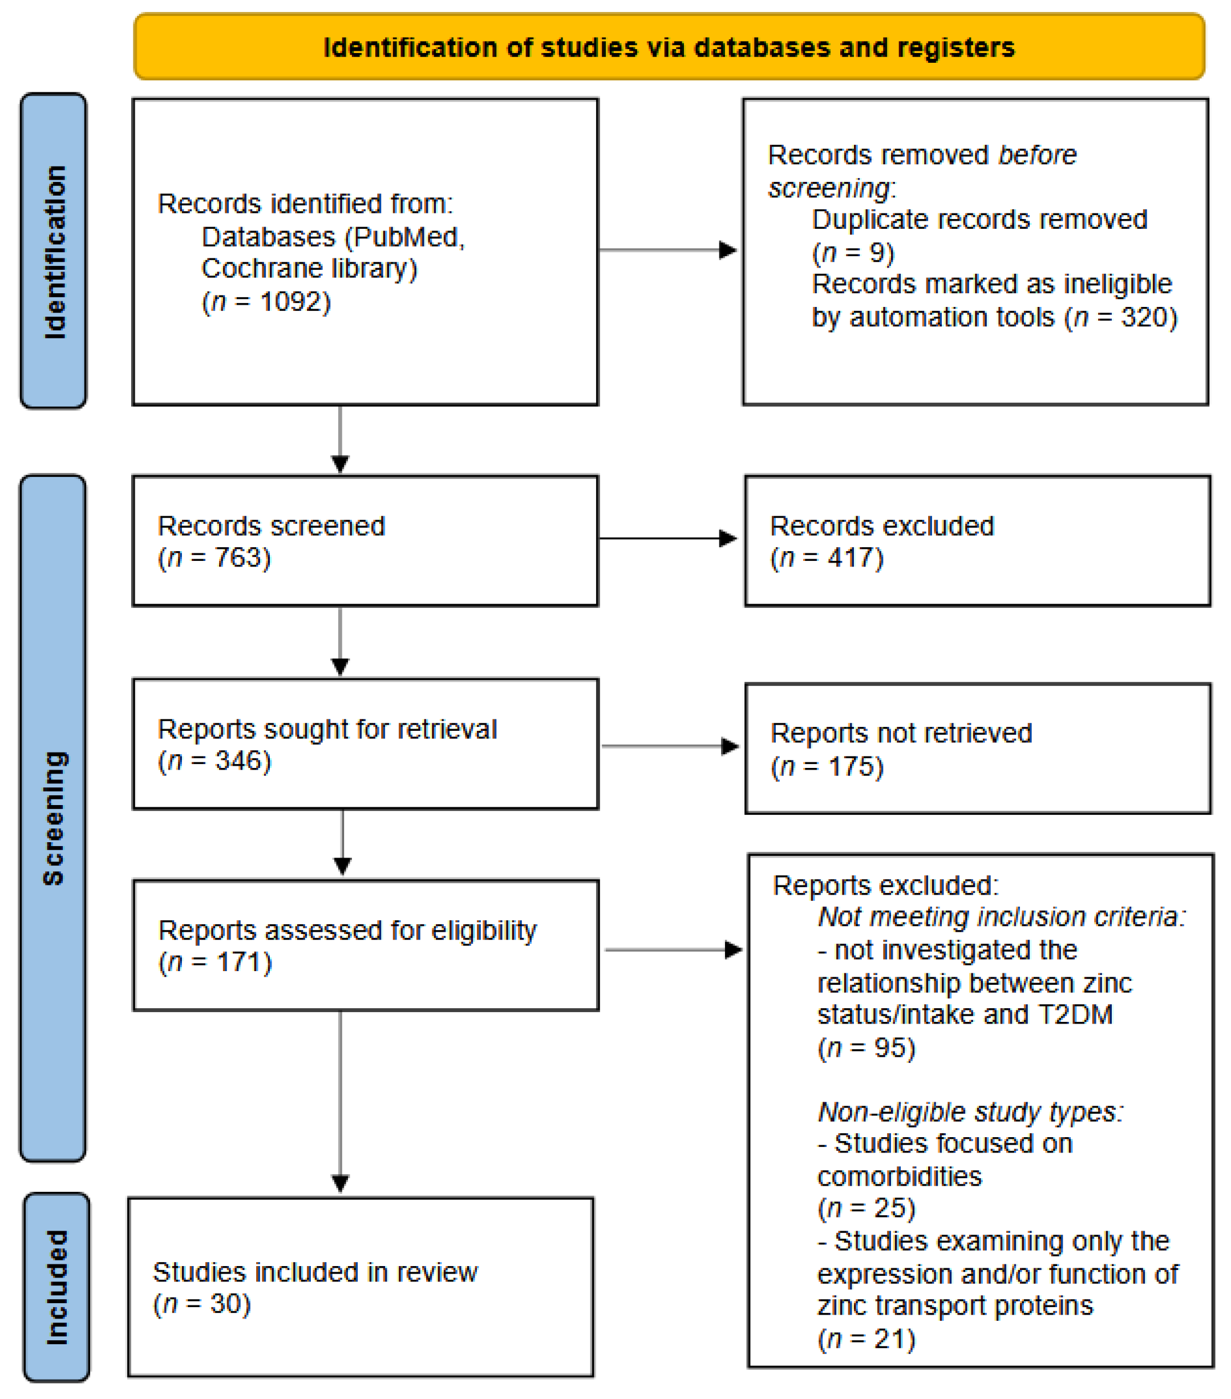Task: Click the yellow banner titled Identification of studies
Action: (x=669, y=47)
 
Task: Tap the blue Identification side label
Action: (x=54, y=251)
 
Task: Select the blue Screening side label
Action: (x=54, y=818)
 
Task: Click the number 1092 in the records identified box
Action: (x=291, y=302)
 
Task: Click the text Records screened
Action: (x=271, y=526)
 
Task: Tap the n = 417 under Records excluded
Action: (x=827, y=558)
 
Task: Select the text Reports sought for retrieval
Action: (x=327, y=729)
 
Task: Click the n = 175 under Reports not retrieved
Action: (x=827, y=767)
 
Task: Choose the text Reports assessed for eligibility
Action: (x=347, y=930)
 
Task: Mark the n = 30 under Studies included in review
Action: (x=202, y=1304)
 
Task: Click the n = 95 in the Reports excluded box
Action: (x=866, y=1048)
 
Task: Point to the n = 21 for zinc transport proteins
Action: (x=866, y=1339)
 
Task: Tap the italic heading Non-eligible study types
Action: (x=970, y=1112)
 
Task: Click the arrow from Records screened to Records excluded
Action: (x=667, y=539)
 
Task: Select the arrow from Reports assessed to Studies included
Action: (x=340, y=1102)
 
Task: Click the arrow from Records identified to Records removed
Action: (x=667, y=250)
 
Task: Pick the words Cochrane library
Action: (x=308, y=268)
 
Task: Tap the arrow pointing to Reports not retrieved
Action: (x=669, y=746)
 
